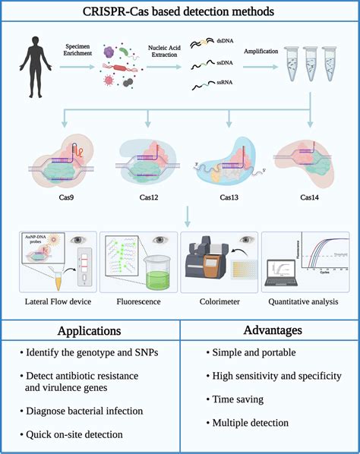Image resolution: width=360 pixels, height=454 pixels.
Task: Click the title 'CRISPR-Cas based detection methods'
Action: pos(180,12)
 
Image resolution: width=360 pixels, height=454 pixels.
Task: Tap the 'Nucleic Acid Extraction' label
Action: pos(159,52)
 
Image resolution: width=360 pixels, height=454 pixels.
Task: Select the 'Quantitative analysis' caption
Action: pos(308,301)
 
